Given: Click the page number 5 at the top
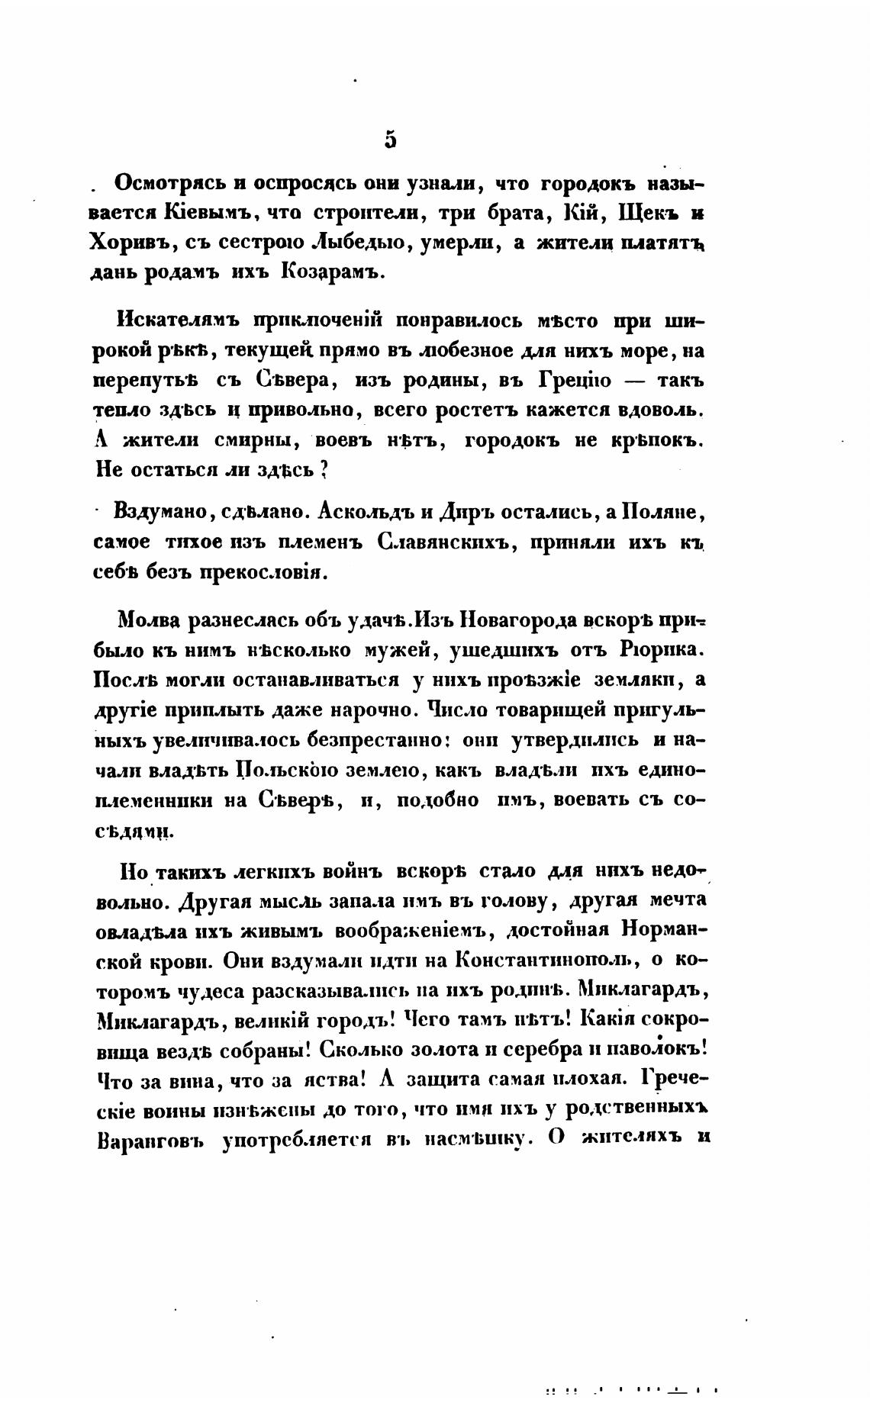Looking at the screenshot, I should (x=391, y=140).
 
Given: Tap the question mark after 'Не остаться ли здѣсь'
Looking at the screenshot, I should (x=324, y=470).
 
